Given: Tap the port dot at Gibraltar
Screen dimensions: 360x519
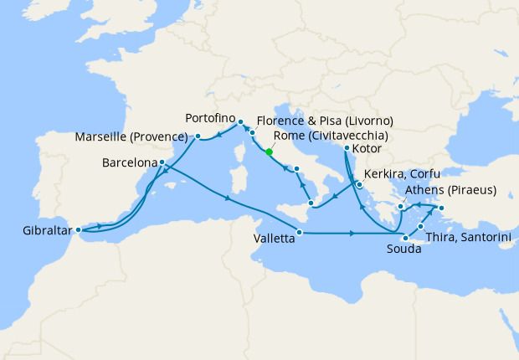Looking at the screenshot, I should point(77,229).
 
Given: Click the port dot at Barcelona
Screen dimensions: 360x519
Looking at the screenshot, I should point(161,162).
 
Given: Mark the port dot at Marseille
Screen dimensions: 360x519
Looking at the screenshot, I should point(198,136).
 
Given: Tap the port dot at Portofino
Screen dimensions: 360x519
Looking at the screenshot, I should point(240,121).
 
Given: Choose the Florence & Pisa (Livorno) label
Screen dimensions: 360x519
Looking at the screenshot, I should point(325,121).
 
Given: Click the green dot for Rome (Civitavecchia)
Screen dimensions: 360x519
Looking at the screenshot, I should point(269,152).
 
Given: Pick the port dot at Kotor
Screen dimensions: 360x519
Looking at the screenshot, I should point(347,149).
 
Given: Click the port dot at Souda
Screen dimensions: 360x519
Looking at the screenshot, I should point(405,238).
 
